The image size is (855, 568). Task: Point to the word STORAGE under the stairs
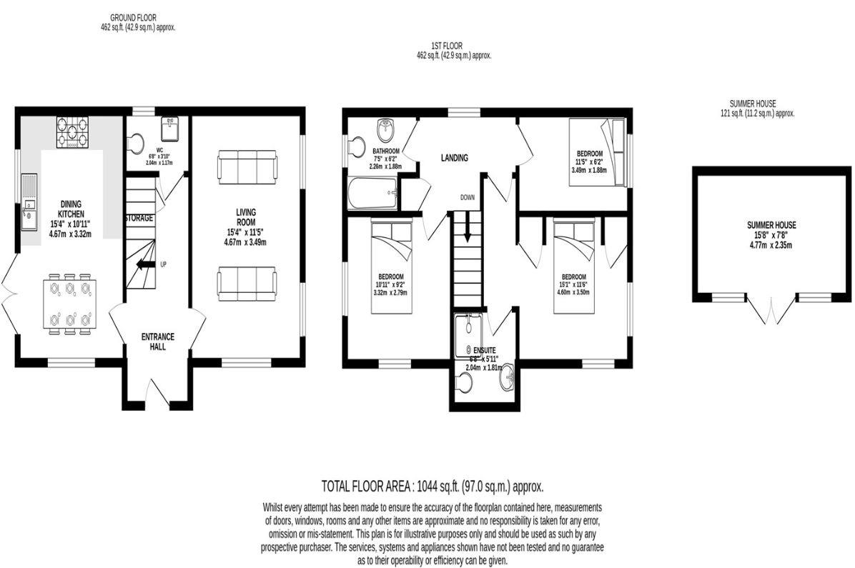point(139,218)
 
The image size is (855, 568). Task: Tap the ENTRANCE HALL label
point(157,342)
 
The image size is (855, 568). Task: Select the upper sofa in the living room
point(247,166)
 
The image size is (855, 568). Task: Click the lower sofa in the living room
point(247,284)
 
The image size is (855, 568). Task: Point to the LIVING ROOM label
point(246,217)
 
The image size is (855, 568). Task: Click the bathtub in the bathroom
point(371,195)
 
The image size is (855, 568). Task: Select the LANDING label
point(454,158)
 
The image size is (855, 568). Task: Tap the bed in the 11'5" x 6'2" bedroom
point(597,152)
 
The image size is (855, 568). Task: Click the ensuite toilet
point(465,384)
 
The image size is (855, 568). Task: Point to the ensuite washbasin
point(508,374)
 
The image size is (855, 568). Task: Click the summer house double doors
point(771,311)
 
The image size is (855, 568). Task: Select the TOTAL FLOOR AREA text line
point(433,487)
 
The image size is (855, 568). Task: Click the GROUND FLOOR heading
point(133,17)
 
